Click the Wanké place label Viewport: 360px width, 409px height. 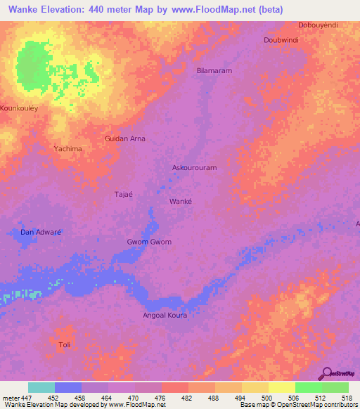pos(181,201)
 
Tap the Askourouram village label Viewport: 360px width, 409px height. pos(194,168)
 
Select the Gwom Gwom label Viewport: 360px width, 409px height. pos(149,242)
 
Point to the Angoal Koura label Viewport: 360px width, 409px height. pos(166,316)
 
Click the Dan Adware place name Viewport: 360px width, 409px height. pos(41,232)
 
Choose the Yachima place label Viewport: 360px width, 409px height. pos(68,149)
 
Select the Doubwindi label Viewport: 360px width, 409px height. pos(281,40)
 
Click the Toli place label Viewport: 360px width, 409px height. pos(65,344)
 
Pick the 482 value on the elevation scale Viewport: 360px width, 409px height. pos(188,398)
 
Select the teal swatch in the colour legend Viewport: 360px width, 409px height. pos(41,387)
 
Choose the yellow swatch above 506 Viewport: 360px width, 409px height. pos(281,387)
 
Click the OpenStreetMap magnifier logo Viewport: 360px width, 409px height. pos(326,373)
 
